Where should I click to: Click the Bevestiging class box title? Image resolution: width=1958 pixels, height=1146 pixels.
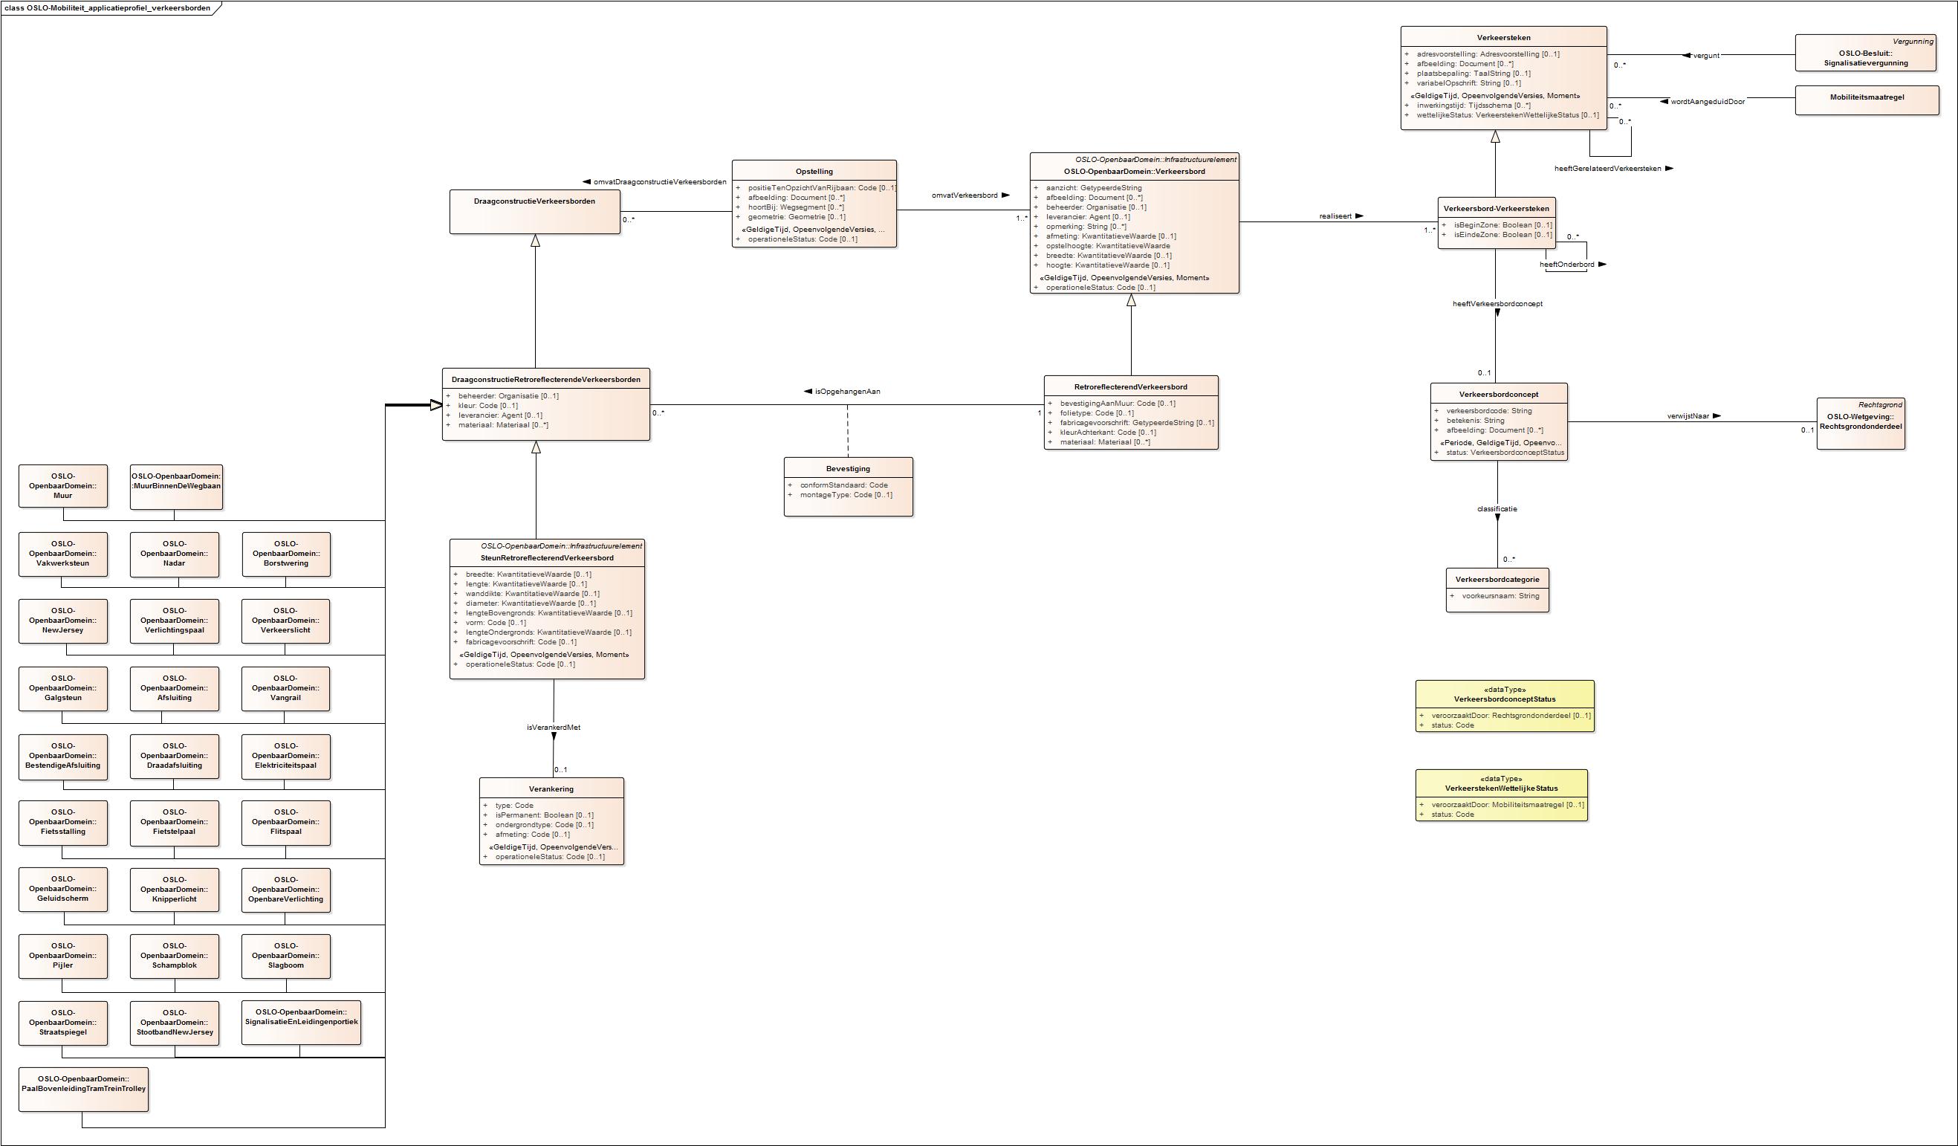pos(848,468)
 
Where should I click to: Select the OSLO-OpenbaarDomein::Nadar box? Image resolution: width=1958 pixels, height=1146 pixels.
pos(174,554)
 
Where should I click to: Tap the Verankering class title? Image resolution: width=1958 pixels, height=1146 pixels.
pos(551,789)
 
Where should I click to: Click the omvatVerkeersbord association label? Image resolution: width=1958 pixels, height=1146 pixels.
pos(965,195)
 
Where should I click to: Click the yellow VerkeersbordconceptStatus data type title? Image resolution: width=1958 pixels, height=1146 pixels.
pos(1504,699)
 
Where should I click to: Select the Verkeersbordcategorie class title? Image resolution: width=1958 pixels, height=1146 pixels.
pos(1497,580)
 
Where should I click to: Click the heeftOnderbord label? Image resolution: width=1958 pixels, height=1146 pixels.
pos(1566,265)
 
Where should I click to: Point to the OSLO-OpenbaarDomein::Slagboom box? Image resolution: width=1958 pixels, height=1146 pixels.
pos(285,956)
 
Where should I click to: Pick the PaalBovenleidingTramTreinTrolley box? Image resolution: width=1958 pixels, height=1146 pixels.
pos(83,1089)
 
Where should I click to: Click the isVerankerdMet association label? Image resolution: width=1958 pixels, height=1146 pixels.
pos(553,728)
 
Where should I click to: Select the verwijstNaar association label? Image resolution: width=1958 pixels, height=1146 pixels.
pos(1688,416)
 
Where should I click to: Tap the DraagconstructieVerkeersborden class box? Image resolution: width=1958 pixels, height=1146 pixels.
pos(534,211)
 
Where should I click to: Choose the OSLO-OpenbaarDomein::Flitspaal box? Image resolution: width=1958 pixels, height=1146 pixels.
pos(285,822)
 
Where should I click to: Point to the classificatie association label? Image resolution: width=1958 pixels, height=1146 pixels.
pos(1497,509)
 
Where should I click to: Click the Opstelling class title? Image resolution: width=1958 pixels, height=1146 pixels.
pos(814,172)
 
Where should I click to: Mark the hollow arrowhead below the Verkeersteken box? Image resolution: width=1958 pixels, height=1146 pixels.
pos(1495,137)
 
